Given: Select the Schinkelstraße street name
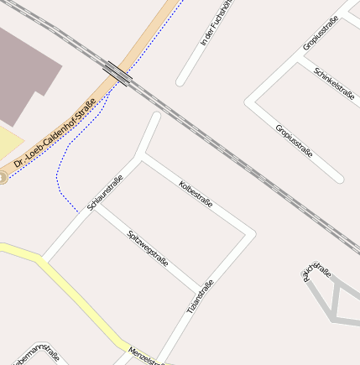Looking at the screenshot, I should click(x=334, y=84).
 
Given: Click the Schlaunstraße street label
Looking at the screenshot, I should click(x=105, y=192).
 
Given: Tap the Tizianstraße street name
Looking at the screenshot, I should click(x=200, y=297).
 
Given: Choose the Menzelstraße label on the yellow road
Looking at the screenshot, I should click(x=146, y=355).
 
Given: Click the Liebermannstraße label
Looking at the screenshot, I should click(x=37, y=355).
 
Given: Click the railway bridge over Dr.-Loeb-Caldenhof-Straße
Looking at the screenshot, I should click(x=117, y=74).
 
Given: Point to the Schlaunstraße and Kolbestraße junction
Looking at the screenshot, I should click(x=139, y=156).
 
